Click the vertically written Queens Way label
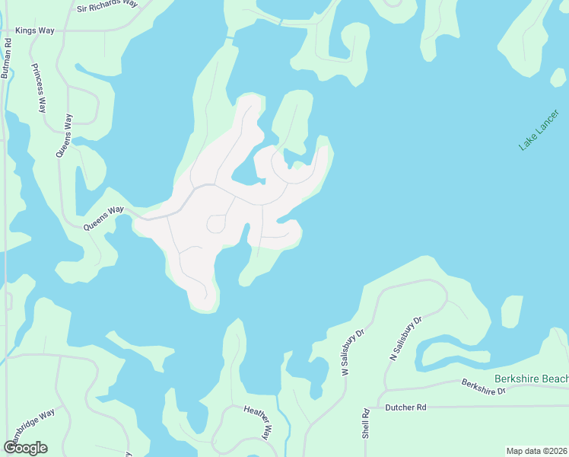(65, 136)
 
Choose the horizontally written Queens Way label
(103, 218)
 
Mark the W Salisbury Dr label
(354, 353)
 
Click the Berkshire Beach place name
(531, 379)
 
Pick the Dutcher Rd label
(406, 407)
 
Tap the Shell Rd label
(366, 423)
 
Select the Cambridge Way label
(31, 426)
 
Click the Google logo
(25, 447)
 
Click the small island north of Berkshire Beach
(512, 312)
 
